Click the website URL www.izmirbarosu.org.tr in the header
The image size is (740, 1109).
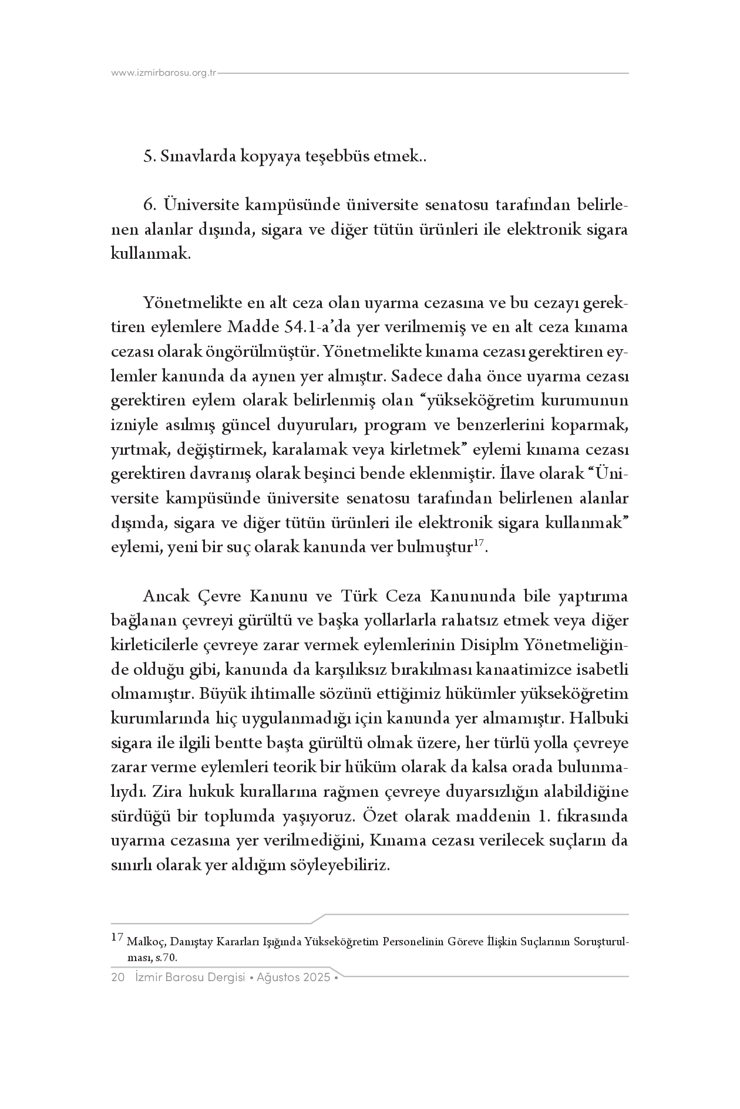click(164, 73)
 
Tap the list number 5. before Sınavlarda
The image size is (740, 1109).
click(149, 157)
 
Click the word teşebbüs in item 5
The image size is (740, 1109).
click(334, 157)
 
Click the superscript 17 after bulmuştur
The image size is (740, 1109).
click(478, 545)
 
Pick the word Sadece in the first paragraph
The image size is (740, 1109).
click(411, 376)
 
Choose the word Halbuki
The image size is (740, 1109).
click(598, 719)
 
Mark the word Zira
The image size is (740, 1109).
click(166, 792)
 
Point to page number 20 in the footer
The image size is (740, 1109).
click(117, 978)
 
